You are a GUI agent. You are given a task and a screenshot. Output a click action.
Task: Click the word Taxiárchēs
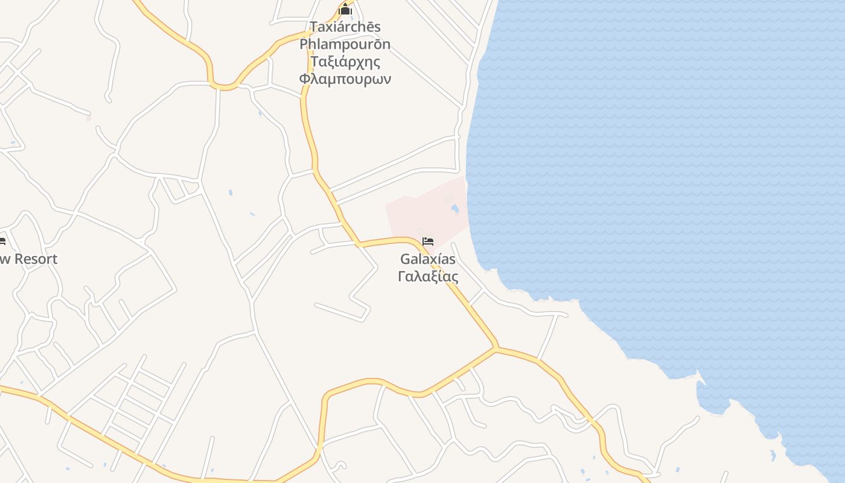[x=345, y=27]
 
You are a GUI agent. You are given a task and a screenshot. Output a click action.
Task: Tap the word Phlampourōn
[x=345, y=45]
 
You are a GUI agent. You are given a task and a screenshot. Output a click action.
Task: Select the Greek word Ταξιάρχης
[x=345, y=62]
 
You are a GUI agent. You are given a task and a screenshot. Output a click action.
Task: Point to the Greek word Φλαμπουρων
[x=345, y=79]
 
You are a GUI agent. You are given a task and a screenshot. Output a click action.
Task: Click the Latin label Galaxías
[x=428, y=259]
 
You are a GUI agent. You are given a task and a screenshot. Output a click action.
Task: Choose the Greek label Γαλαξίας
[x=428, y=277]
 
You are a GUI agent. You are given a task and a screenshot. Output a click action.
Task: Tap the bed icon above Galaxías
[x=428, y=241]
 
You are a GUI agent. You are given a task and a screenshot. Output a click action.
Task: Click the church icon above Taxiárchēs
[x=345, y=10]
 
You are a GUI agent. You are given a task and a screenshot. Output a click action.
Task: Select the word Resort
[x=36, y=259]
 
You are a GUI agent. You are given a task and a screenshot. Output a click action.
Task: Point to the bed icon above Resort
[x=2, y=241]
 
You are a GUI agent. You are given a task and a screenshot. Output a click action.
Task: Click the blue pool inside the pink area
[x=454, y=209]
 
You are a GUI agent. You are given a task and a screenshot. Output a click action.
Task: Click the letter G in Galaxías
[x=405, y=259]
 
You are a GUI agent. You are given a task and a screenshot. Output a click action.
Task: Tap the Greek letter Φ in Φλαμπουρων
[x=305, y=79]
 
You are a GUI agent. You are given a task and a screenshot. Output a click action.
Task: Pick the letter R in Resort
[x=19, y=259]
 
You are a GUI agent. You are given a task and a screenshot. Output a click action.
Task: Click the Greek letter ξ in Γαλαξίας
[x=436, y=277]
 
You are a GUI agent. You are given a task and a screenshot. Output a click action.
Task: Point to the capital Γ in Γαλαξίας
[x=402, y=277]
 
